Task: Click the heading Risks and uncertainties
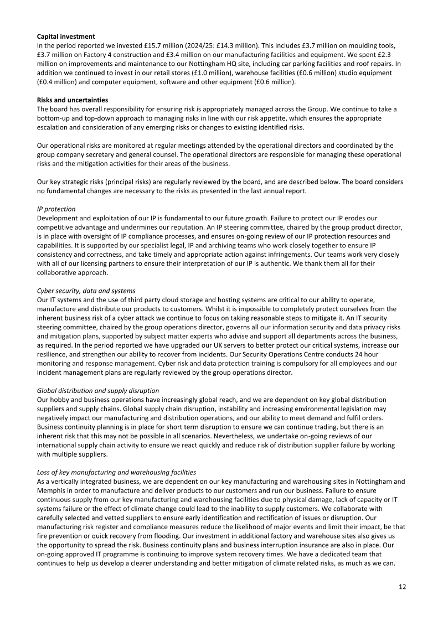pyautogui.click(x=69, y=100)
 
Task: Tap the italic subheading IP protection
pyautogui.click(x=56, y=210)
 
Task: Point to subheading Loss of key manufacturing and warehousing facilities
pyautogui.click(x=116, y=472)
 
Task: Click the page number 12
pyautogui.click(x=402, y=587)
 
